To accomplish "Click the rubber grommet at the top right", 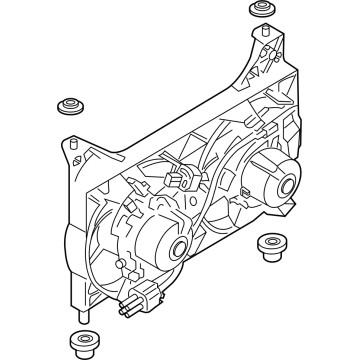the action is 259,11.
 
